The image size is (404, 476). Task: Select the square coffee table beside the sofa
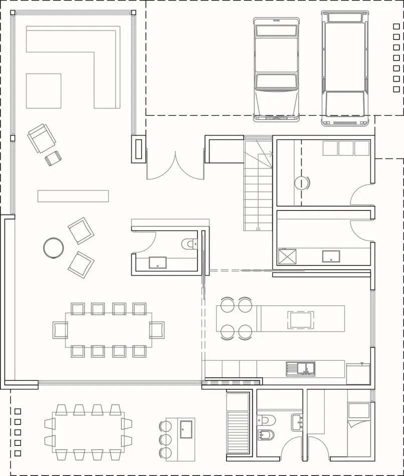tap(44, 91)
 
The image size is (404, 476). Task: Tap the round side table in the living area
tap(53, 248)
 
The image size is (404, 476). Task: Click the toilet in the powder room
tap(189, 244)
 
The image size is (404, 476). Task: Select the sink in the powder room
tap(158, 262)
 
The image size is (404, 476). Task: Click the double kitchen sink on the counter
tap(300, 369)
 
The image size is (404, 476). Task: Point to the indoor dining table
tap(108, 330)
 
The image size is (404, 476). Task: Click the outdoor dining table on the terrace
tap(88, 431)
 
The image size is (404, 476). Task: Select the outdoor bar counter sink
tap(186, 429)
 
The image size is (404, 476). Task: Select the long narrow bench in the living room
tap(73, 195)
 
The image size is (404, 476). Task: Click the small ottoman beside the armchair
tap(53, 158)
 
